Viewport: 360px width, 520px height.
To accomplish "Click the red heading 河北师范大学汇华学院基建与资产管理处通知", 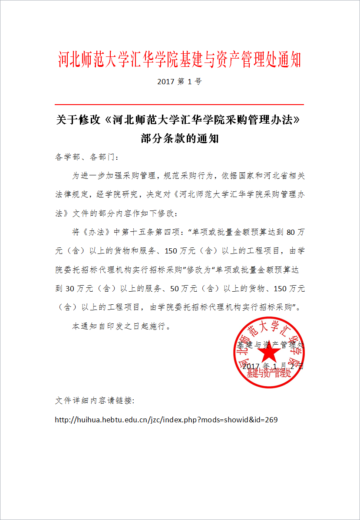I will (180, 60).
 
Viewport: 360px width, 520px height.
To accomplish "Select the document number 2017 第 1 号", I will (180, 82).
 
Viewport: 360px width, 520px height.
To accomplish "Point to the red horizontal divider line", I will (179, 105).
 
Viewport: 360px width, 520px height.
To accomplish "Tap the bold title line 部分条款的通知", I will (179, 138).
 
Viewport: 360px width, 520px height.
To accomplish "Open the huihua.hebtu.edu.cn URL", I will (166, 420).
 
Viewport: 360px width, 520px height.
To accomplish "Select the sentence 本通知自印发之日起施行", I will (121, 326).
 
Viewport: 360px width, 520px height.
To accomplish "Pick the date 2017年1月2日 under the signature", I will (273, 366).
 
